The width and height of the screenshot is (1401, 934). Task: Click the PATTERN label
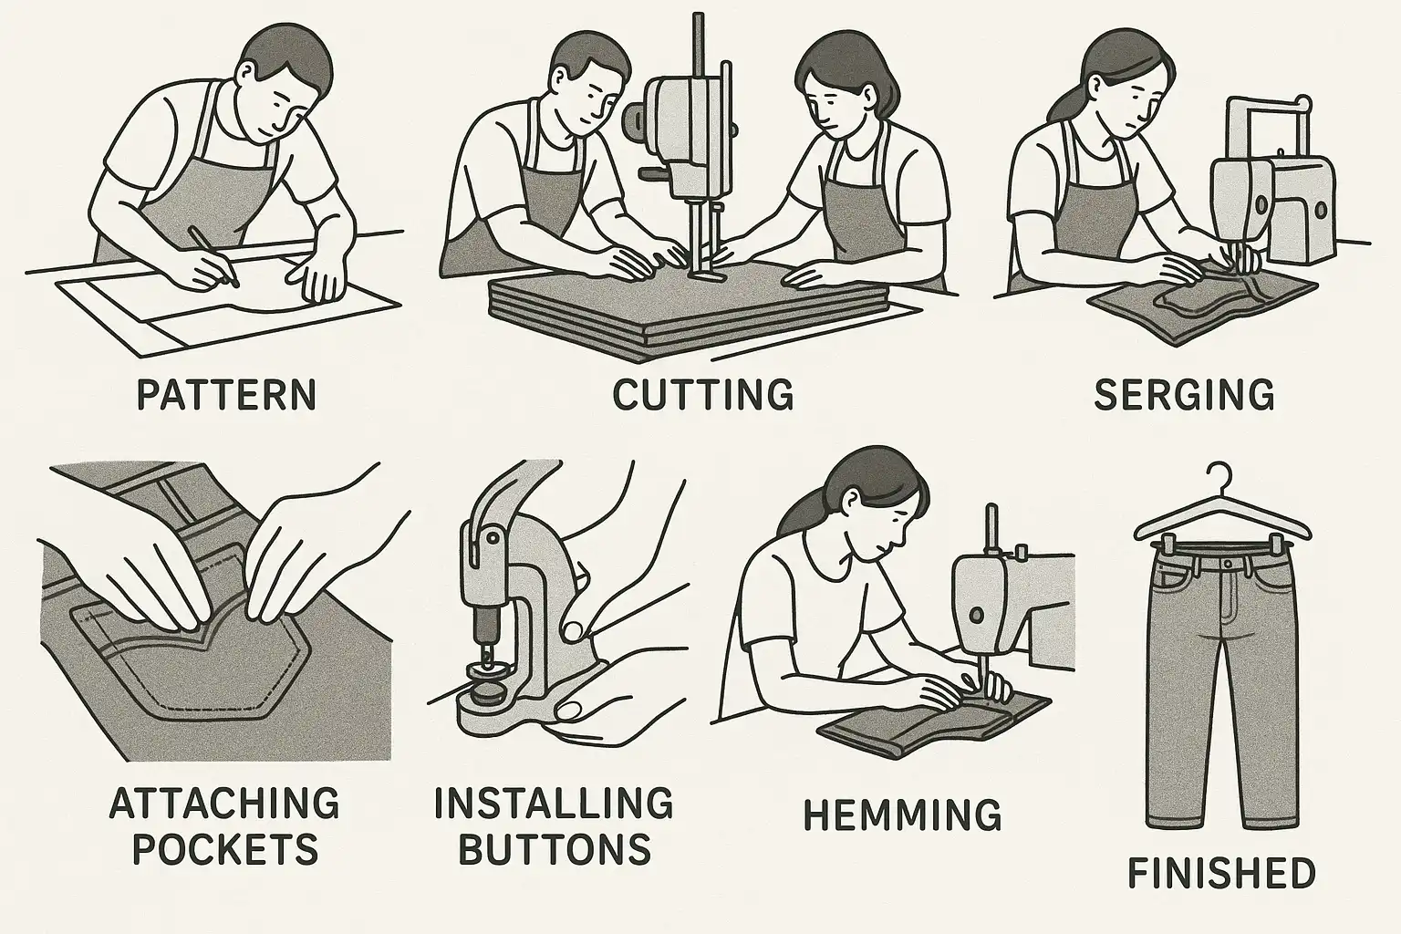point(226,395)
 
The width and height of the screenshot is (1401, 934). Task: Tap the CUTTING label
point(703,395)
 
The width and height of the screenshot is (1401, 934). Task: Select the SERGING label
point(1184,395)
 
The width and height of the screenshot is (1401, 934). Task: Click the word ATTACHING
point(224,803)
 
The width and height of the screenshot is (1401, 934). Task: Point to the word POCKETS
point(226,848)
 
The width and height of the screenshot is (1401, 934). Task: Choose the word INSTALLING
point(555,803)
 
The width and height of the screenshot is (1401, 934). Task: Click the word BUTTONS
point(555,848)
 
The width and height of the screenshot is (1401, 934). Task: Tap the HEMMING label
point(902,815)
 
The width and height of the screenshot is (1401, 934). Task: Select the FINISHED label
point(1221,873)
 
